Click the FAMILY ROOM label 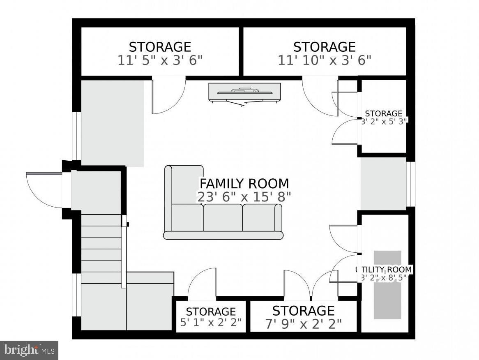tap(244, 183)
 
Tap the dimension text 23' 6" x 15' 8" tap(244, 197)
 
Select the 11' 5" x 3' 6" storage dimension tap(160, 61)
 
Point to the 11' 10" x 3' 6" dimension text tap(325, 61)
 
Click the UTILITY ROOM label tap(384, 270)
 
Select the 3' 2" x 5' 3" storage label tap(384, 121)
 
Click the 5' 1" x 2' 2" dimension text tap(211, 322)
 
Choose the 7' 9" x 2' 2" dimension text tap(303, 324)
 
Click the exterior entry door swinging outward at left tap(43, 189)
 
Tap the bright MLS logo tap(29, 350)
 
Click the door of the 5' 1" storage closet tap(202, 284)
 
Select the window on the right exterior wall tap(410, 184)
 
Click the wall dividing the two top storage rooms tap(241, 51)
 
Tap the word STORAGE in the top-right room tap(325, 46)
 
